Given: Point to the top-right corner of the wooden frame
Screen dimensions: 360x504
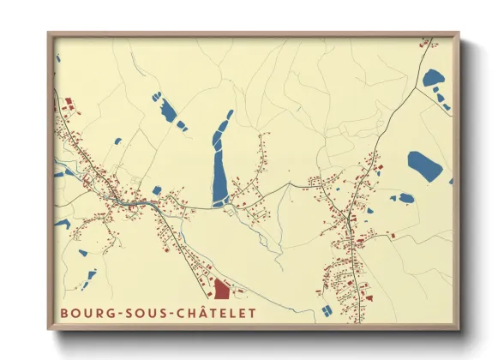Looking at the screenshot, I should tap(459, 34).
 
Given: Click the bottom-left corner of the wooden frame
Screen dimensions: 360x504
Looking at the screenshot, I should tap(47, 330).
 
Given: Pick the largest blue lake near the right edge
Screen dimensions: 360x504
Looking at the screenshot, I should tap(426, 165).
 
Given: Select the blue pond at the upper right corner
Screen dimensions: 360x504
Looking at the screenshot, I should tap(432, 78).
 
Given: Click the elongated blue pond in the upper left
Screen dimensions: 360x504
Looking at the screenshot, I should tap(165, 109).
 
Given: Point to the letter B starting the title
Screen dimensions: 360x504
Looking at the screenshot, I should tap(64, 313).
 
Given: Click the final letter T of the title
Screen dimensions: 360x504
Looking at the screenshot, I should tap(251, 313).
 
